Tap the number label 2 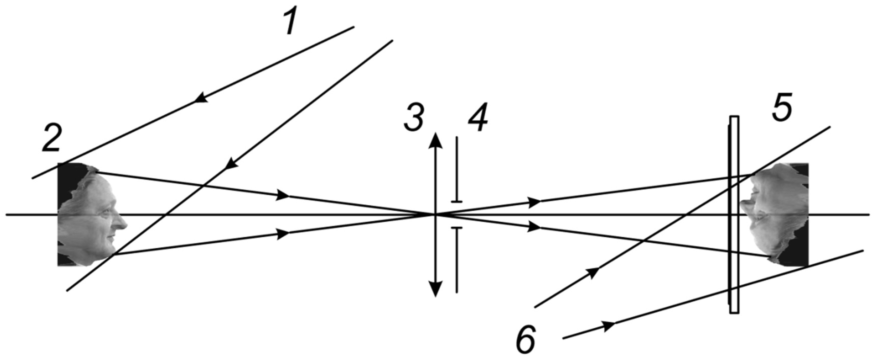[52, 139]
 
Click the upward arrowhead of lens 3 [435, 140]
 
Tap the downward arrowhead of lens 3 [435, 289]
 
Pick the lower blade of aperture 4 [457, 260]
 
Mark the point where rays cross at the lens [435, 215]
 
